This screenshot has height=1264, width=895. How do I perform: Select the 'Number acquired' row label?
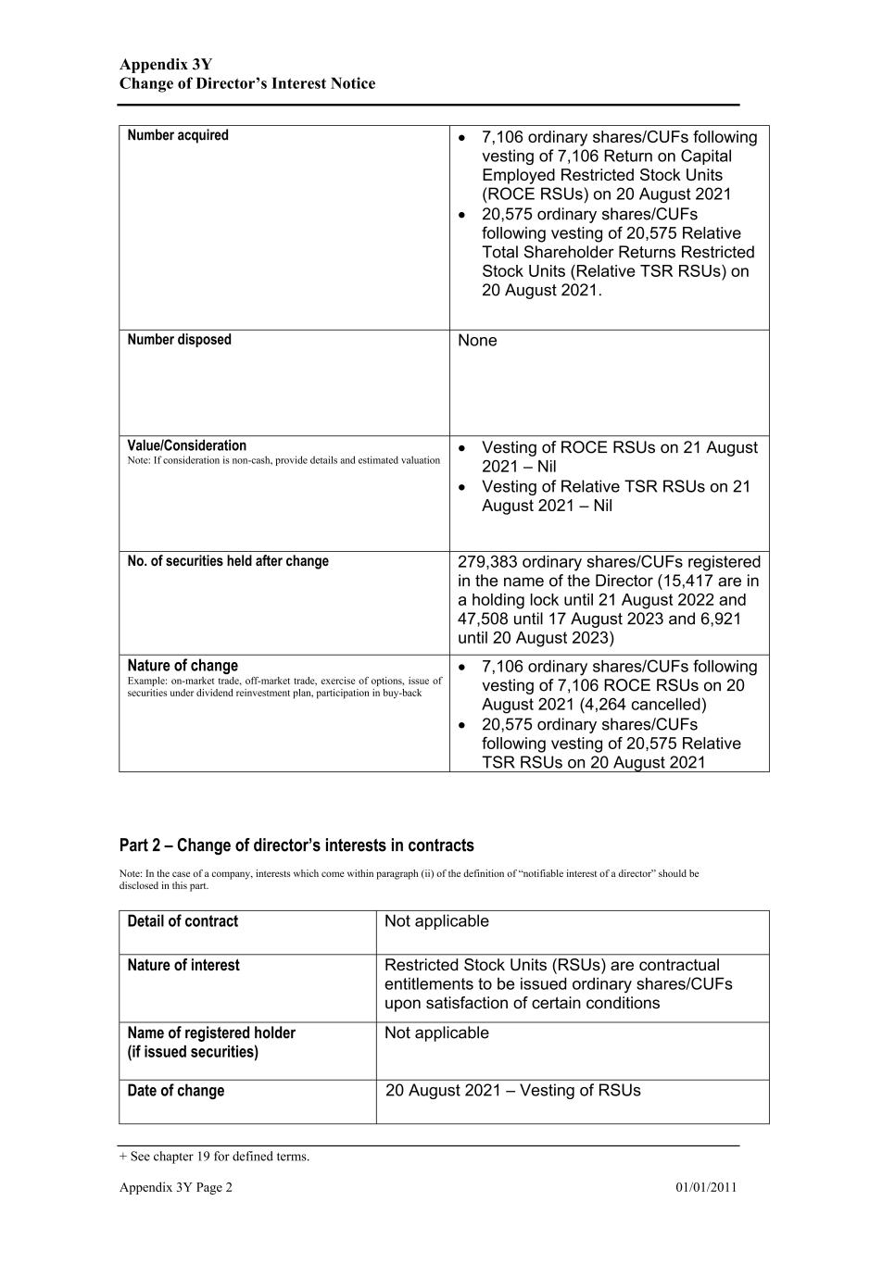pos(178,135)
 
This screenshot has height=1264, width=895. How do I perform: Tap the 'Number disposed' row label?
pos(179,340)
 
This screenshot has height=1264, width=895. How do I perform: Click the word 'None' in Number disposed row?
pos(477,341)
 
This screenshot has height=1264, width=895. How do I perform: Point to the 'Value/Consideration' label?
pos(187,445)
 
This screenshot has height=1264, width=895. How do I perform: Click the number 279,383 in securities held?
pos(487,562)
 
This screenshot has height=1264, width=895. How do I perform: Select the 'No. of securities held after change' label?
pos(228,561)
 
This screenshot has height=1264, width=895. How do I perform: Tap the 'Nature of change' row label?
pos(183,666)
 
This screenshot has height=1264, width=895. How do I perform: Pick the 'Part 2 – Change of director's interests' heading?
pos(296,845)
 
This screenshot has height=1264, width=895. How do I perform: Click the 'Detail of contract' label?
pos(183,921)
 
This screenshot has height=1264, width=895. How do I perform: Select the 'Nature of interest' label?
pos(183,965)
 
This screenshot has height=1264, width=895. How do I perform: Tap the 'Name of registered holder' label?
pos(211,1032)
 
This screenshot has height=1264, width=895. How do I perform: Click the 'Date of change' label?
pos(176,1091)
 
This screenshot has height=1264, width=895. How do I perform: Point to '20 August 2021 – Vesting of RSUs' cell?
pos(512,1091)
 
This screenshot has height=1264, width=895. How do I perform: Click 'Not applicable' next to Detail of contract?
pos(436,921)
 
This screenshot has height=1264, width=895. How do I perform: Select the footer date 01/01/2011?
pos(706,1188)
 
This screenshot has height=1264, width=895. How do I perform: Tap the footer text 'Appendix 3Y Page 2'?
pos(176,1188)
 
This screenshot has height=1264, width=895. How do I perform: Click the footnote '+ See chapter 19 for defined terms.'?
pos(214,1157)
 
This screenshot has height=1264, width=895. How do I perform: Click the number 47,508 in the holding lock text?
pos(487,619)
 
